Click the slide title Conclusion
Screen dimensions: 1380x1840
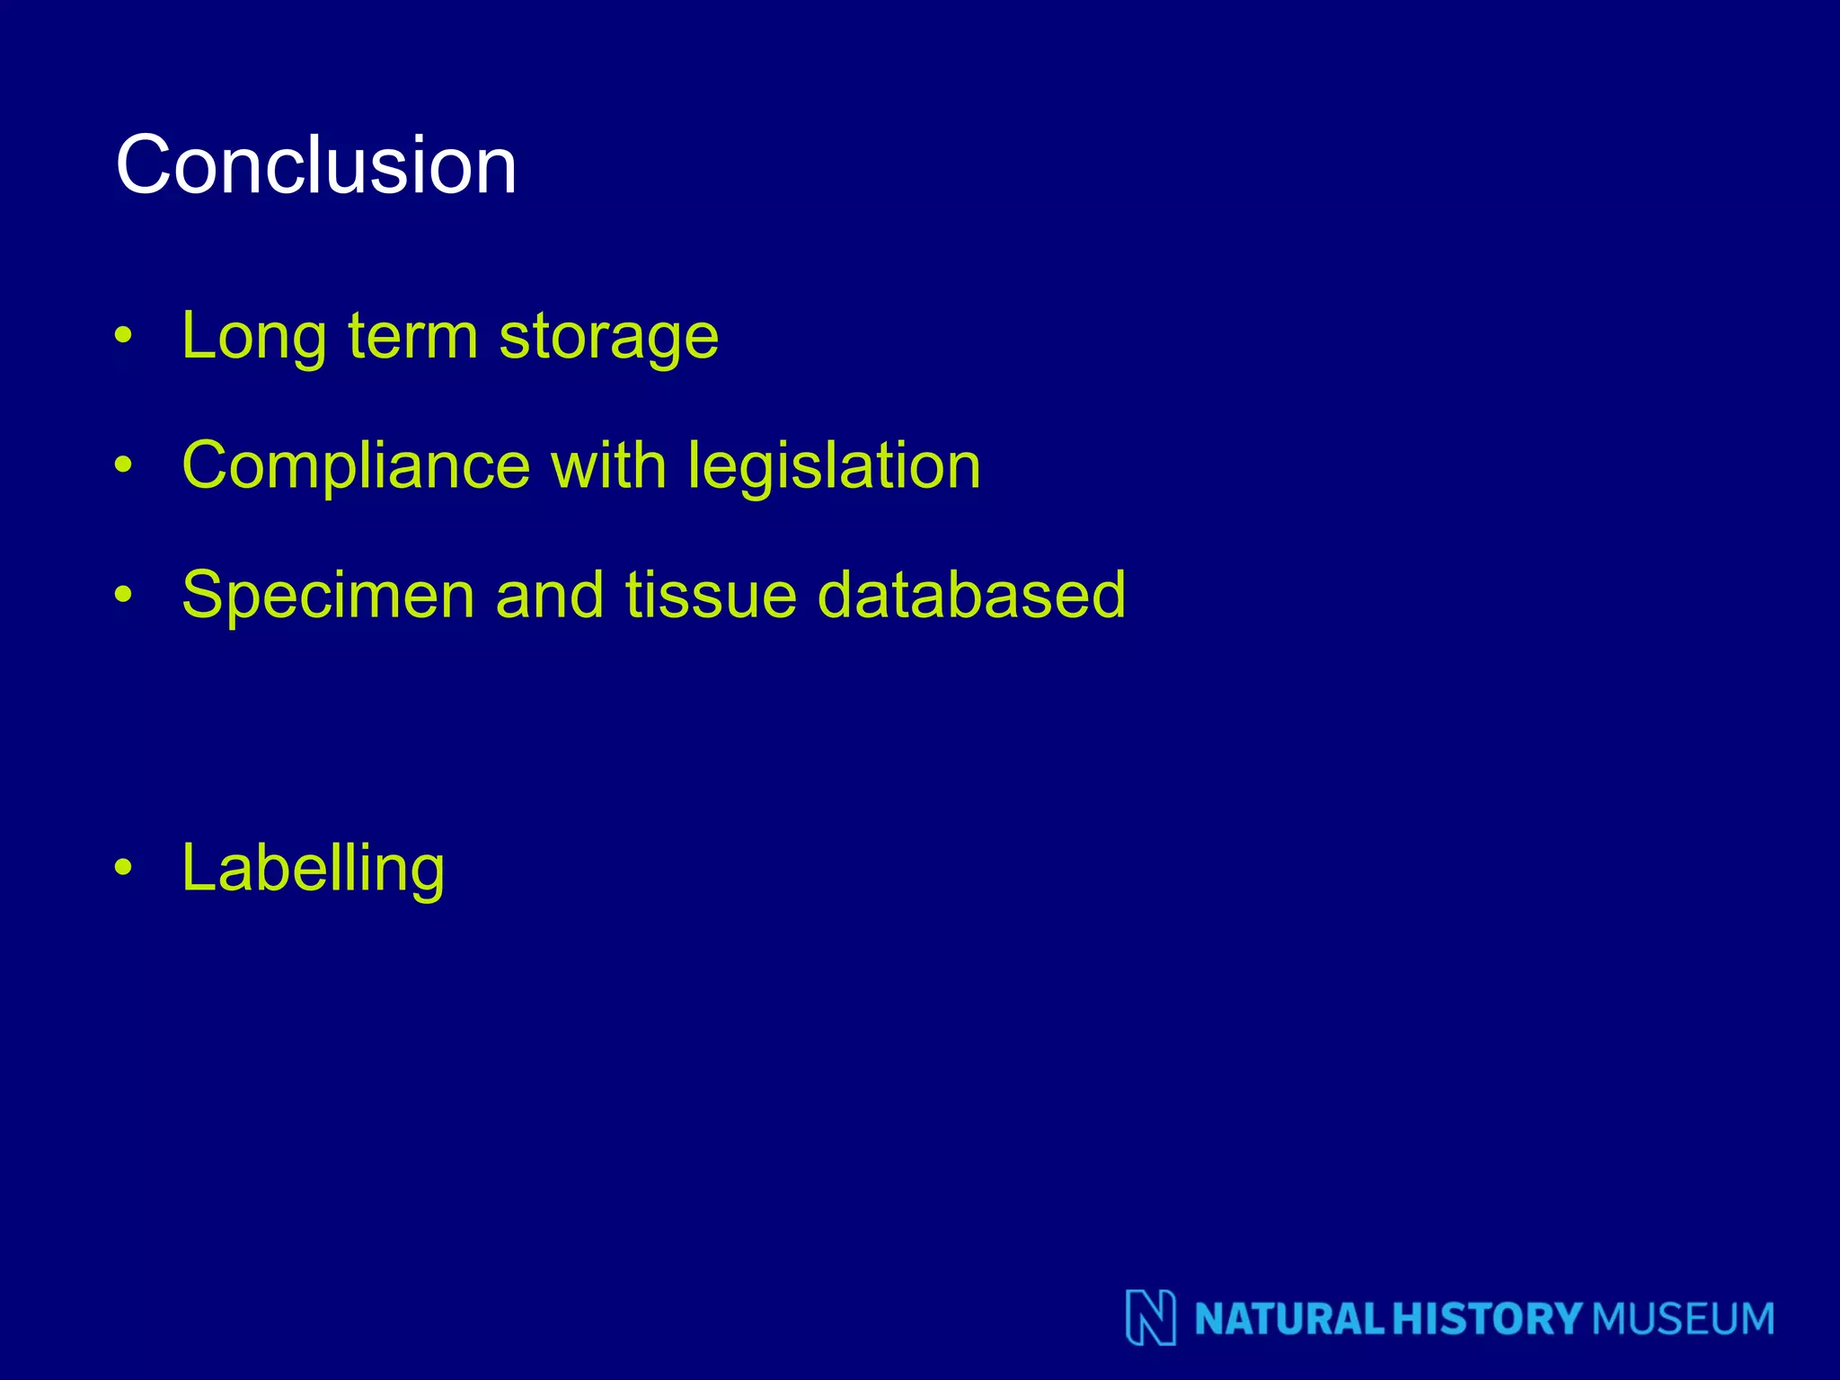click(x=316, y=164)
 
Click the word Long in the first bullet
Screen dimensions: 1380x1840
click(x=253, y=337)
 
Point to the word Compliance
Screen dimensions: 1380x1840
click(x=356, y=467)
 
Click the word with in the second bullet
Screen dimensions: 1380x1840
click(x=608, y=465)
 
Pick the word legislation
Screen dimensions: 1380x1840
click(x=834, y=467)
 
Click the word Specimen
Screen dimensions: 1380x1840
click(x=328, y=597)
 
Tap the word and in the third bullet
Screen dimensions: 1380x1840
click(x=549, y=595)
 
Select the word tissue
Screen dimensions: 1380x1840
click(x=711, y=595)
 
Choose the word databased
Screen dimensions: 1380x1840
click(x=971, y=595)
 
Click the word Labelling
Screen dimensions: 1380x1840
click(x=313, y=870)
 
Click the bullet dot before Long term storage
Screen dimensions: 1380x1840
click(x=124, y=337)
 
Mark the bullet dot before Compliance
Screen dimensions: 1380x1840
click(x=124, y=465)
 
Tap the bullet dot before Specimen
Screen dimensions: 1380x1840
click(x=124, y=595)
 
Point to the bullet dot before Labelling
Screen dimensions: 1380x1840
click(x=124, y=868)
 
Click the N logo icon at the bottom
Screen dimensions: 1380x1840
click(x=1151, y=1318)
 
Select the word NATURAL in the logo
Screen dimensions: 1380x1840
click(x=1290, y=1319)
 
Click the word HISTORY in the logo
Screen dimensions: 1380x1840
click(x=1487, y=1319)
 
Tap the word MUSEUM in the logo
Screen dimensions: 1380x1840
click(x=1683, y=1319)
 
